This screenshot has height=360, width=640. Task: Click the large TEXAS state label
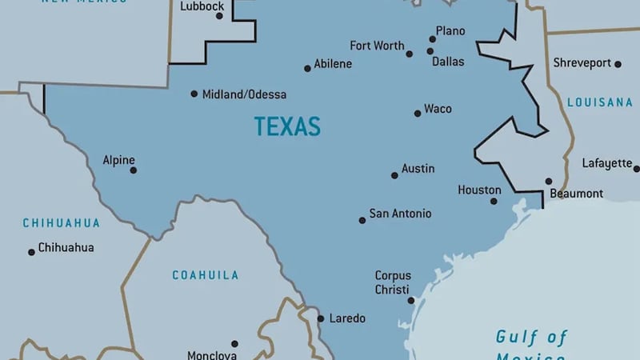287,126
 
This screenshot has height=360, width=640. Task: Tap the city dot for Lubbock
219,16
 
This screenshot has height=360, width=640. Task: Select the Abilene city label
333,64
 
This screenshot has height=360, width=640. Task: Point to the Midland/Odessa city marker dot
194,94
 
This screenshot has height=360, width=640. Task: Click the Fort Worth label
377,46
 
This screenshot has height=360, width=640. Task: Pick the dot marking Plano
433,38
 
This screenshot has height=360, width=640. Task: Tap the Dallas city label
448,62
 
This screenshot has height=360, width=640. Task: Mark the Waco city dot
418,114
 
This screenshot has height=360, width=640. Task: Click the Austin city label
418,169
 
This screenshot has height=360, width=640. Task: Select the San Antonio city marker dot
362,220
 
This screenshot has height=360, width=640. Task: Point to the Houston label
479,190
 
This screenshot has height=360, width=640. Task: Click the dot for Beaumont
549,182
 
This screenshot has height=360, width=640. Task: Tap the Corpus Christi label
392,282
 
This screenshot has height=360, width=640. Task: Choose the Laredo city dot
321,318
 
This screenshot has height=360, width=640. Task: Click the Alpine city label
118,160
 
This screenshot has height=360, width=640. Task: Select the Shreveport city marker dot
618,63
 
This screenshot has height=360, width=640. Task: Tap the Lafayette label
606,163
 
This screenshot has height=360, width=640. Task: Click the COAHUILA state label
206,275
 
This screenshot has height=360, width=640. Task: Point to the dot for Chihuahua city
32,252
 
